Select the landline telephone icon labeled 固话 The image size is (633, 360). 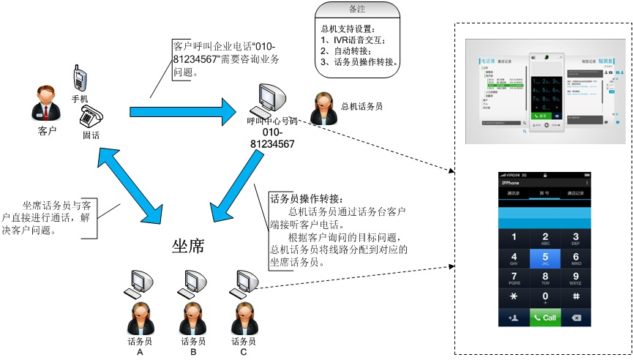point(92,116)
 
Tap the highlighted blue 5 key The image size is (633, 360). point(544,259)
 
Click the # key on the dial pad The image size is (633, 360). point(576,297)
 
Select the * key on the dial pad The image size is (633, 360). point(514,297)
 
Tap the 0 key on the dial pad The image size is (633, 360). point(544,297)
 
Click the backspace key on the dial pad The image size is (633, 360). point(576,318)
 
